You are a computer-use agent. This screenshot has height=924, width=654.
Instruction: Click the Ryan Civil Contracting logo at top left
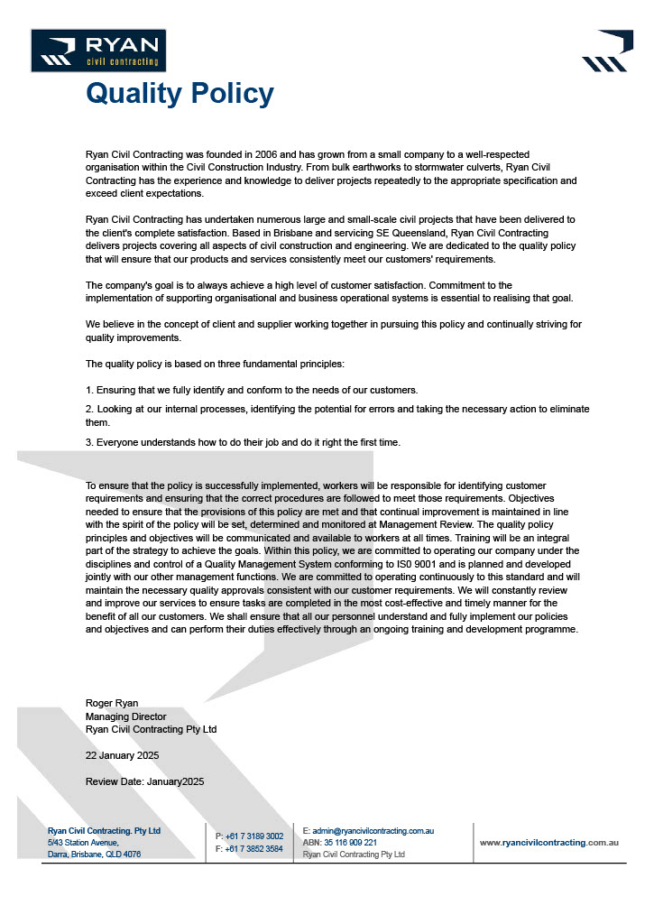pos(98,51)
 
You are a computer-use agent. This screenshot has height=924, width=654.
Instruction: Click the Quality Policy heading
pos(180,94)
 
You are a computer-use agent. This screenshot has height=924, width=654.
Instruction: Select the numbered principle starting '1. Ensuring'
pos(252,390)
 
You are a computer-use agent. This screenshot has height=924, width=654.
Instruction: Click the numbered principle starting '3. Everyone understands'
pos(243,442)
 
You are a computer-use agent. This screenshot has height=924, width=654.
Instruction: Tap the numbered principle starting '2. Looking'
pos(337,409)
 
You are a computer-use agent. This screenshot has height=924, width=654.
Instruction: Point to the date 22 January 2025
pos(122,755)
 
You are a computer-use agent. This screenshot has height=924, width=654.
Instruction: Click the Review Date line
pos(144,781)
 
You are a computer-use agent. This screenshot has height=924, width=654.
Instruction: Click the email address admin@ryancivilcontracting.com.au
pos(373,830)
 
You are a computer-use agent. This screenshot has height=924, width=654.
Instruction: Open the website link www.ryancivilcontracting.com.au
pos(548,842)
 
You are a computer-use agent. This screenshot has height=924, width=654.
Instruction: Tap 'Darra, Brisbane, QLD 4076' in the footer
pos(94,854)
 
